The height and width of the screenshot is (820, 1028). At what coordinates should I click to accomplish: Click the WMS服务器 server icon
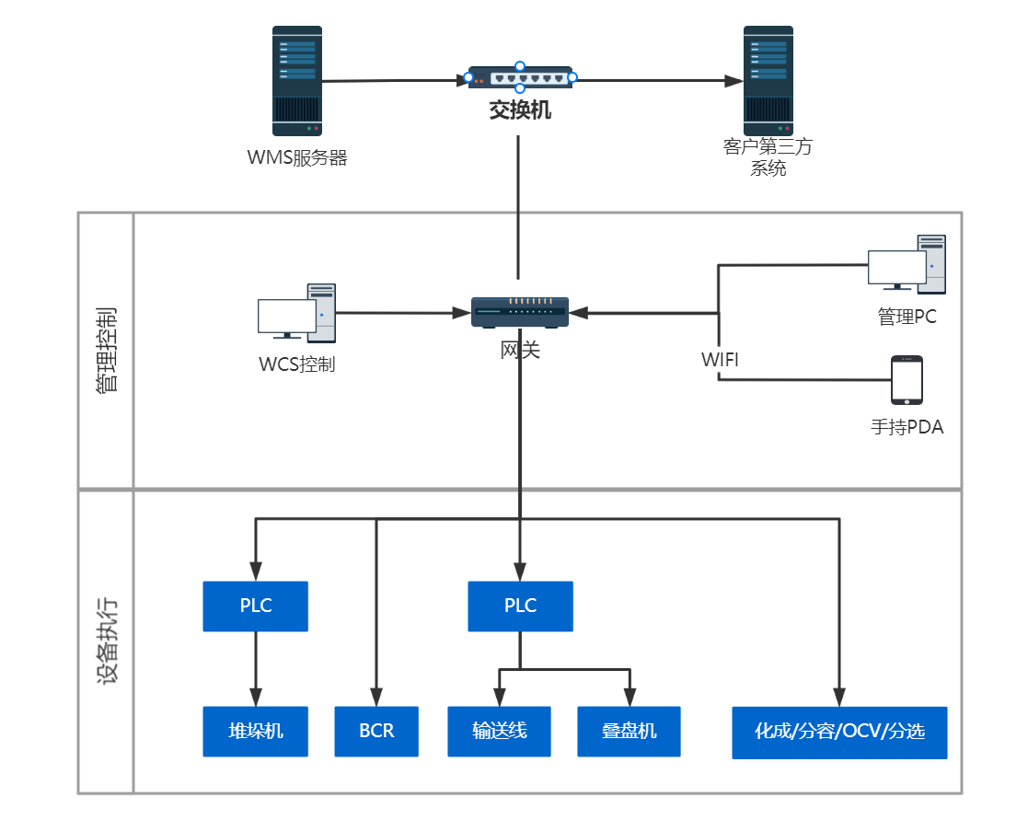click(x=296, y=81)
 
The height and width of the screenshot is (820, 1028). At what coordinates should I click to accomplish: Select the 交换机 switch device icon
click(x=520, y=78)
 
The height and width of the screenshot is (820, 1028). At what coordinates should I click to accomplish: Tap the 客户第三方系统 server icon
click(x=768, y=81)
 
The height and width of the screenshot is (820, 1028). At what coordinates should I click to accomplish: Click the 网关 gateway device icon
click(x=520, y=312)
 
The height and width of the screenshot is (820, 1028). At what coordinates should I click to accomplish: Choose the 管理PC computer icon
click(x=907, y=262)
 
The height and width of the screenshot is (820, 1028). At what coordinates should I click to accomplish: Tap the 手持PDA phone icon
click(x=907, y=380)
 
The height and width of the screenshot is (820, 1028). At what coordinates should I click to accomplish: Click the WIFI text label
click(x=720, y=360)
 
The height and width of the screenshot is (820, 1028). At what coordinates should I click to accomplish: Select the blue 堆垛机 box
click(x=256, y=732)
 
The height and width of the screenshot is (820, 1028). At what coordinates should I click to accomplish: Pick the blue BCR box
click(x=376, y=732)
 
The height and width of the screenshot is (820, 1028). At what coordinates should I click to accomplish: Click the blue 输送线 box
click(x=499, y=732)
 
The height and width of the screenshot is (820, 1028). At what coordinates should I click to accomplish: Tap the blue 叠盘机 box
click(x=629, y=732)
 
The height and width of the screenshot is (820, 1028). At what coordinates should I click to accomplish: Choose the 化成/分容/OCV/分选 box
click(x=839, y=733)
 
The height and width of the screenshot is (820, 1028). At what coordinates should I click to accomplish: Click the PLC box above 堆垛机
click(x=256, y=606)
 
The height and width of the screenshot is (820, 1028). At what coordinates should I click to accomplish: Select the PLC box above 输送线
click(x=520, y=606)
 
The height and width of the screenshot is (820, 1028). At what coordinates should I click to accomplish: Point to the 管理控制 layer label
click(x=107, y=350)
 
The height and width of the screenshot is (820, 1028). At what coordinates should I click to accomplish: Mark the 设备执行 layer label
click(x=107, y=641)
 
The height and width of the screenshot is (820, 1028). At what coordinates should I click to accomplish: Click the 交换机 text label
click(x=520, y=111)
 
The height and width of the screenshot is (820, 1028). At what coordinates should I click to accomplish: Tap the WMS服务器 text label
click(x=297, y=157)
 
